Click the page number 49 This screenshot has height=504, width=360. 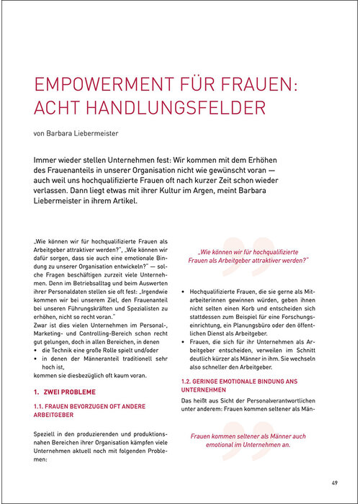point(335,482)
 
